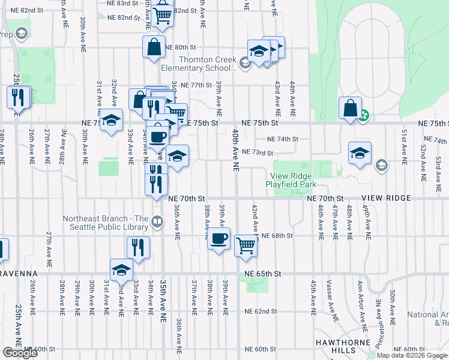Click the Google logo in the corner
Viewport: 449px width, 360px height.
click(x=20, y=353)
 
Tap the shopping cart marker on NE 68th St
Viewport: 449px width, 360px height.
click(x=246, y=245)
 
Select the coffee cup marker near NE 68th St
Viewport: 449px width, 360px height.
click(x=218, y=239)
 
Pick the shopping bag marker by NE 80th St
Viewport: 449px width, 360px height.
click(x=154, y=47)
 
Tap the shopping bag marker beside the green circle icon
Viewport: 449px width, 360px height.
click(x=350, y=109)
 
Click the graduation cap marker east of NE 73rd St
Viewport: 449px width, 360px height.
click(x=360, y=153)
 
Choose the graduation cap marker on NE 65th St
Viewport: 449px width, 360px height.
click(x=121, y=270)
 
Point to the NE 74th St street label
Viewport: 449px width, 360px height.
click(x=282, y=139)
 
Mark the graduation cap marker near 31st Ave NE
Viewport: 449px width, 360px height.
click(x=111, y=120)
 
